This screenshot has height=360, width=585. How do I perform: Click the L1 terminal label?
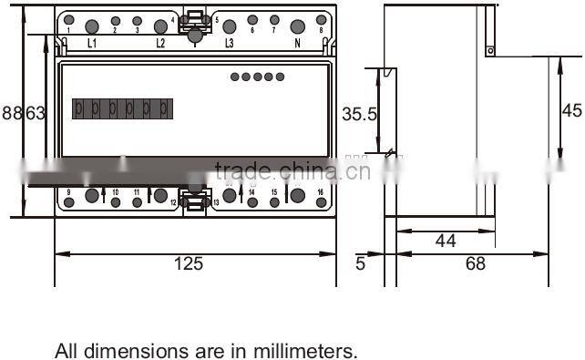(x=92, y=43)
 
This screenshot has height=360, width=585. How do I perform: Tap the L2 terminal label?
(x=160, y=43)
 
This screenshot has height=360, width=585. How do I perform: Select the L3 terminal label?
(x=229, y=43)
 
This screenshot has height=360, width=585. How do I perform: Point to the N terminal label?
(x=297, y=43)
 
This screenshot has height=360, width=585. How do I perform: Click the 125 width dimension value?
(x=189, y=264)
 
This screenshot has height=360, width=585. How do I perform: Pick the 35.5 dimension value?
(x=360, y=115)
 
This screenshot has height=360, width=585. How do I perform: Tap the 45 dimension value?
(x=571, y=110)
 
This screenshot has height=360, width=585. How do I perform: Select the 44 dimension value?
(x=446, y=242)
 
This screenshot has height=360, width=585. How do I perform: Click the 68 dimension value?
(x=476, y=264)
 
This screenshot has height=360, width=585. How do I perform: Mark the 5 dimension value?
(x=360, y=264)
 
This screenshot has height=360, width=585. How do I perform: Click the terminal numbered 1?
(x=68, y=21)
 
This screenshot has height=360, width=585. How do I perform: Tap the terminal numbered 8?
(x=321, y=21)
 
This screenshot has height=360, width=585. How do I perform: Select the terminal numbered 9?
(x=68, y=192)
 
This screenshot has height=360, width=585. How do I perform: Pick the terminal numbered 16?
(x=320, y=192)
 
